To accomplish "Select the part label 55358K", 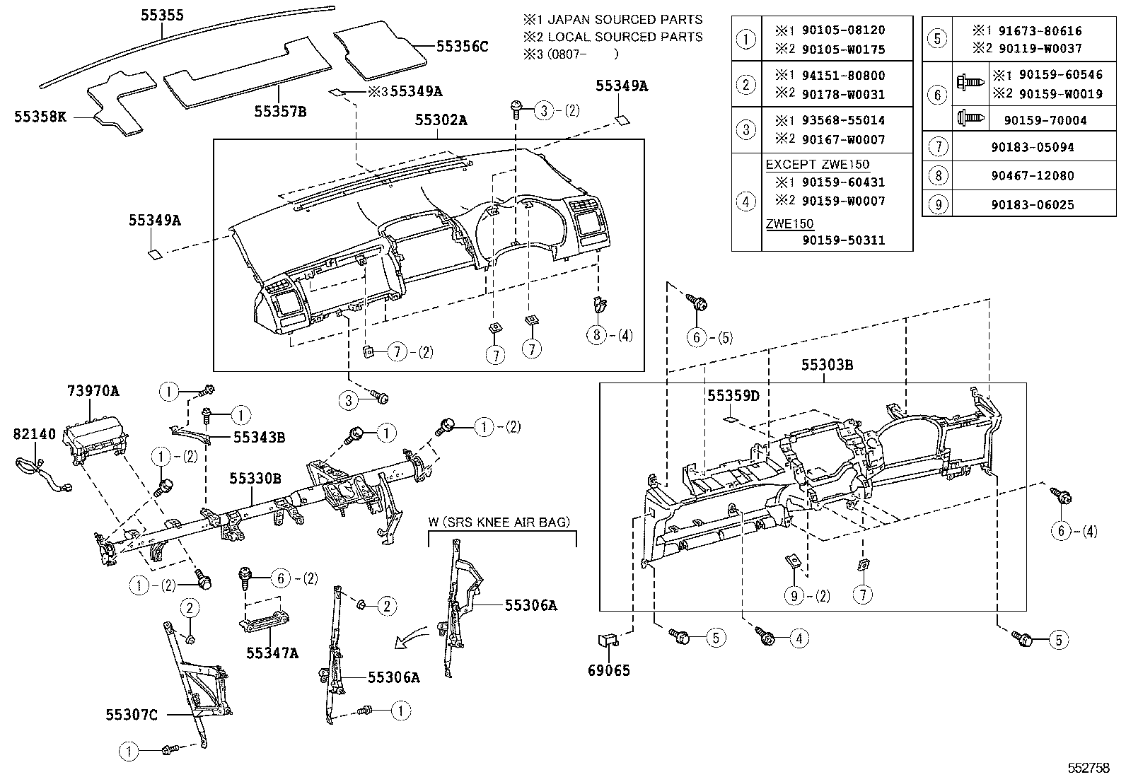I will pos(40,117).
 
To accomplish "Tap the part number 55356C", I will pos(462,47).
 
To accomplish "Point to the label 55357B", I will pos(280,112).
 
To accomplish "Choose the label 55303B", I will pos(827,366).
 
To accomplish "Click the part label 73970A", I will pos(93,390).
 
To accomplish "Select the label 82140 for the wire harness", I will pos(34,434).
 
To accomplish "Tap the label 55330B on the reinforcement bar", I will pos(255,479).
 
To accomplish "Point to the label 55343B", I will pos(259,438).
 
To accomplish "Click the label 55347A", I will pos(272,653).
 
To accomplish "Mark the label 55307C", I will pos(132,715).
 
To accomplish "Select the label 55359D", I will pos(733,396).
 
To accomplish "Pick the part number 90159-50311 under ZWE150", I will pos(843,240).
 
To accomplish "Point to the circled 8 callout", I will pos(597,335).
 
